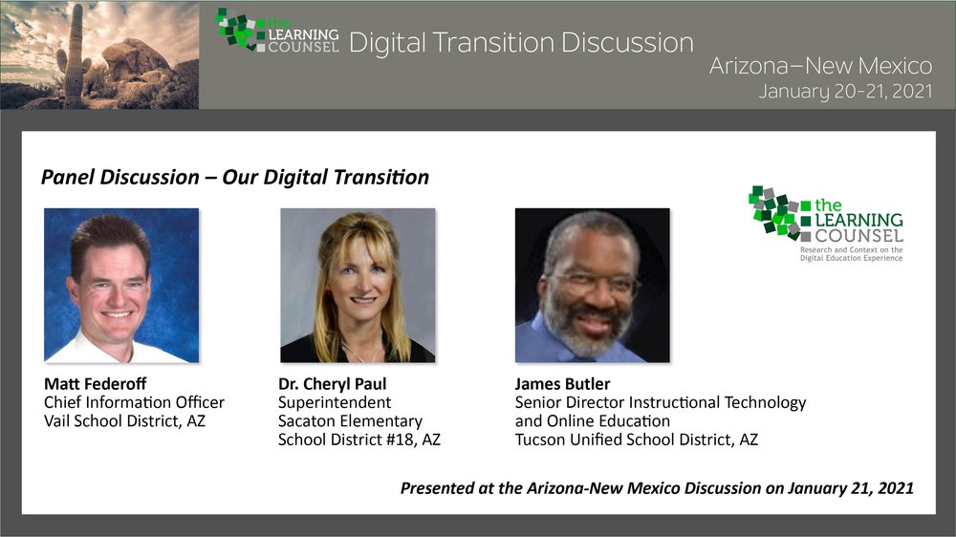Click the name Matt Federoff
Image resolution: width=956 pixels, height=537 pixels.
tap(95, 383)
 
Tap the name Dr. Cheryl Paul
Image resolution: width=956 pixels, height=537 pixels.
tap(333, 383)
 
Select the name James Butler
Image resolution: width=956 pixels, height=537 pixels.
tap(562, 383)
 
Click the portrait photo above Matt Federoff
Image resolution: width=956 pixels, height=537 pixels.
tap(121, 286)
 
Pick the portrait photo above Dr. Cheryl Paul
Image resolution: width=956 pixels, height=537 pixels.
tap(358, 286)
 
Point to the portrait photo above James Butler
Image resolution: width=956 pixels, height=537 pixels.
tap(592, 286)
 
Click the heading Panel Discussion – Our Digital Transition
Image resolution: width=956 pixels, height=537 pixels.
tap(235, 177)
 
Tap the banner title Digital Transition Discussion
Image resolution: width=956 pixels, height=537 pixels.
tap(521, 43)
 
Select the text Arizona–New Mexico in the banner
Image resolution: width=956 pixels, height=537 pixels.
tap(820, 65)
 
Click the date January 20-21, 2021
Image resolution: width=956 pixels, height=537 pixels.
tap(846, 92)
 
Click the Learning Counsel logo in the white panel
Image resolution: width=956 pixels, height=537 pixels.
tap(826, 224)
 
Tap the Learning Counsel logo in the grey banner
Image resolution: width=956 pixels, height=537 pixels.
tap(277, 31)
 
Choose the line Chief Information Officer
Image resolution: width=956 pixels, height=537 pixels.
tap(134, 402)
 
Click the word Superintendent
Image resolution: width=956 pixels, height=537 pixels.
tap(335, 402)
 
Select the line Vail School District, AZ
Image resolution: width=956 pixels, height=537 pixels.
tap(124, 420)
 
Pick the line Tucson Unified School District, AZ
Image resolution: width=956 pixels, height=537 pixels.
tap(637, 440)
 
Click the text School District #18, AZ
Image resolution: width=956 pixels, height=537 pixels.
tap(359, 440)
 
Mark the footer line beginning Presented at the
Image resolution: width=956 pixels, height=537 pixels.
tap(657, 488)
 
